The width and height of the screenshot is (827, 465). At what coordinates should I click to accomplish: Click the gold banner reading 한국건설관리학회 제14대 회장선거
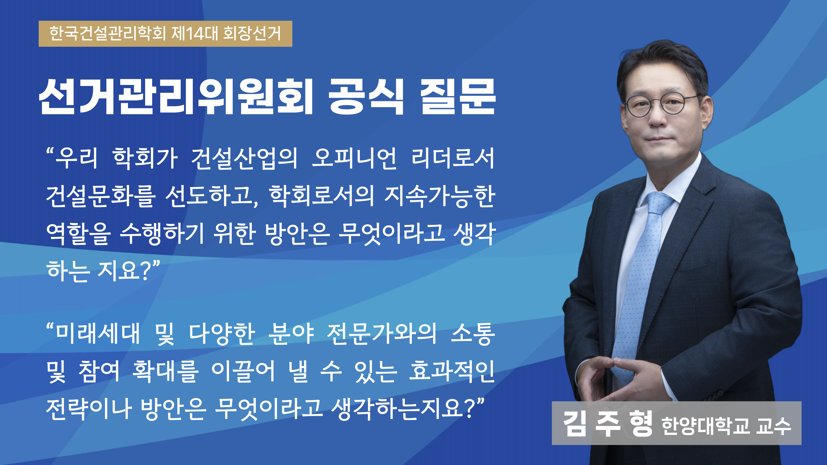[x=165, y=34]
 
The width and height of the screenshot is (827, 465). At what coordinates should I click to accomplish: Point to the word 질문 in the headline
[x=458, y=97]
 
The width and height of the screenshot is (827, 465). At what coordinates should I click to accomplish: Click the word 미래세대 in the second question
[x=98, y=334]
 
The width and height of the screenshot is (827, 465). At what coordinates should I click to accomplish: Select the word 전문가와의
[x=382, y=334]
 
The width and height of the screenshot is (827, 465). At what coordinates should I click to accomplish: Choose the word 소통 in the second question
[x=473, y=334]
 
